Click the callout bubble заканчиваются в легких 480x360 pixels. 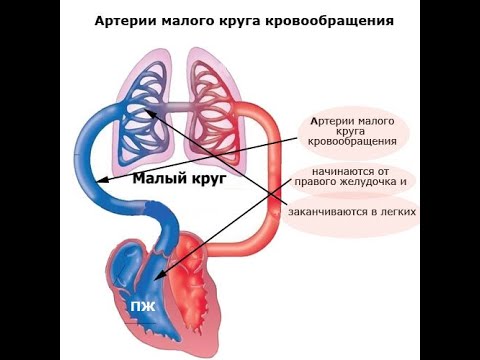click(350, 213)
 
